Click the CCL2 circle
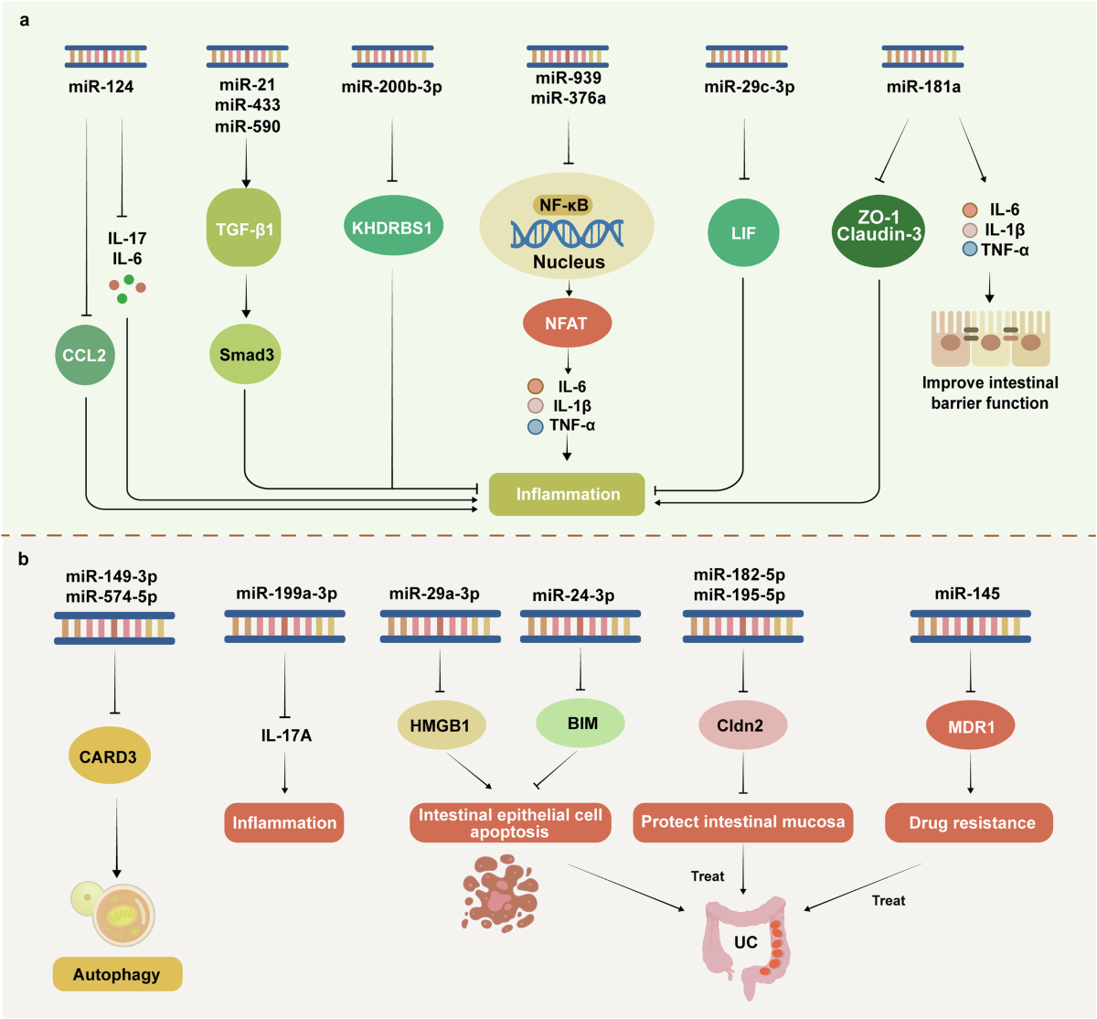pyautogui.click(x=84, y=356)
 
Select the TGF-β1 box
pyautogui.click(x=243, y=228)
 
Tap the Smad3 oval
pyautogui.click(x=246, y=354)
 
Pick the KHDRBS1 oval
pyautogui.click(x=393, y=226)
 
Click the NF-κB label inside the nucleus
pyautogui.click(x=563, y=205)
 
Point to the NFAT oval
pyautogui.click(x=568, y=323)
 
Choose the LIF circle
pyautogui.click(x=743, y=232)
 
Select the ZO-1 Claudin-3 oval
pyautogui.click(x=879, y=231)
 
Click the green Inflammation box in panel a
pyautogui.click(x=567, y=494)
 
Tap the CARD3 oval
pyautogui.click(x=109, y=756)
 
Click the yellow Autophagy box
pyautogui.click(x=117, y=974)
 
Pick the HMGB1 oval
pyautogui.click(x=442, y=724)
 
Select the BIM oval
pyautogui.click(x=580, y=724)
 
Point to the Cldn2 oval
pyautogui.click(x=743, y=724)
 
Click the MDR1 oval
pyautogui.click(x=971, y=725)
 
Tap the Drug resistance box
pyautogui.click(x=969, y=822)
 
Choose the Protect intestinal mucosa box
pyautogui.click(x=743, y=822)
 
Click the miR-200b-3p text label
pyautogui.click(x=391, y=87)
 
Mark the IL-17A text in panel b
pyautogui.click(x=286, y=735)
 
